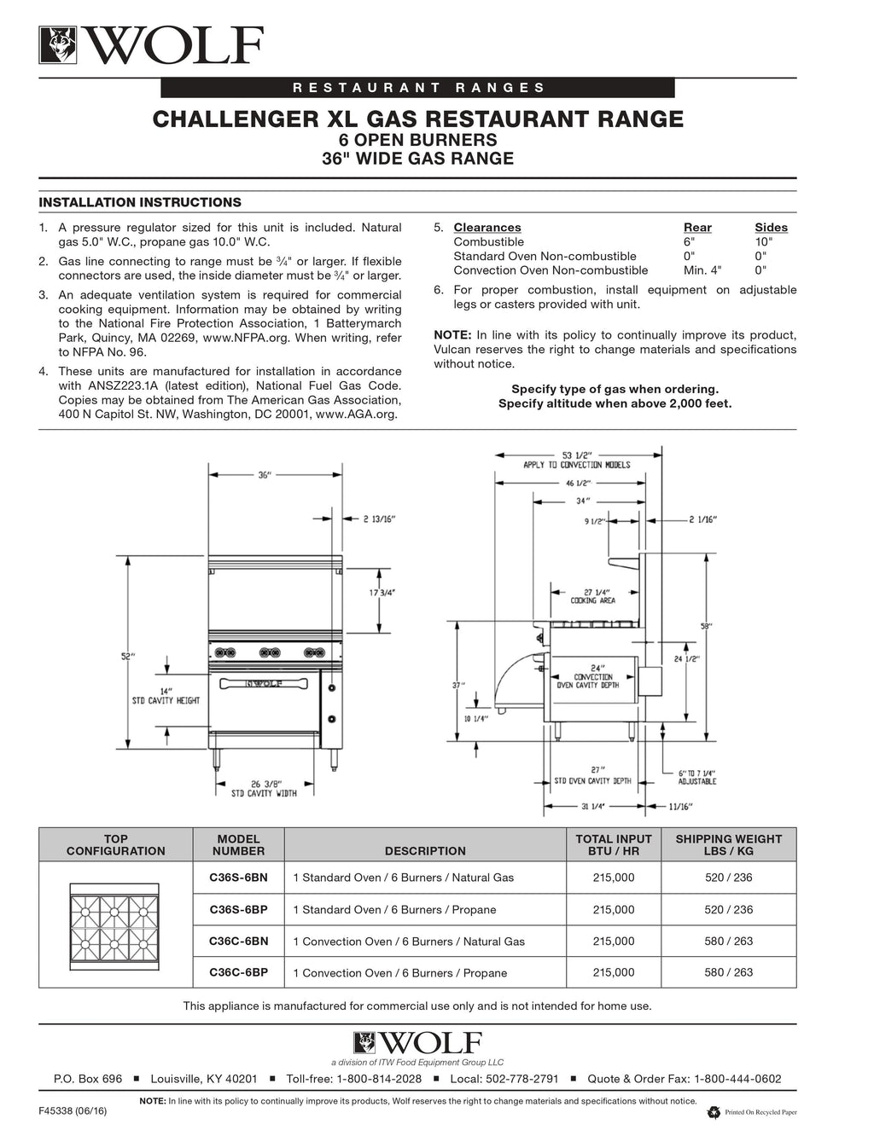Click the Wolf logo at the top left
click(x=150, y=45)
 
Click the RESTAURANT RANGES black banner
click(x=417, y=87)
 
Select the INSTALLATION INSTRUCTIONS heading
click(x=140, y=202)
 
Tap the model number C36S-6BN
click(x=238, y=877)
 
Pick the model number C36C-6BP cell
click(x=238, y=971)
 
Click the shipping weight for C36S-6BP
click(x=728, y=909)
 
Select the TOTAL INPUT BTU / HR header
click(x=613, y=844)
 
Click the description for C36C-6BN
click(x=409, y=942)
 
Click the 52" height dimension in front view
click(x=128, y=656)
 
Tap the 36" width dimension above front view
click(x=265, y=475)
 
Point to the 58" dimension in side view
click(x=706, y=626)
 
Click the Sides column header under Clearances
click(x=771, y=228)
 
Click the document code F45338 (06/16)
click(x=73, y=1112)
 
